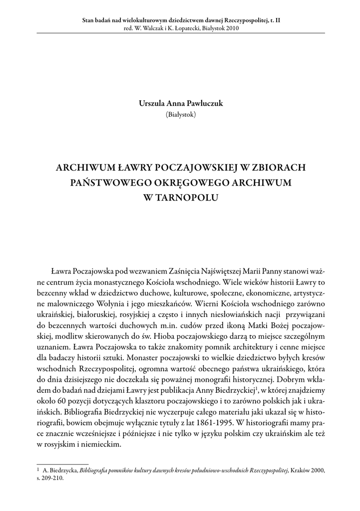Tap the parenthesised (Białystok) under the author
180,114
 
